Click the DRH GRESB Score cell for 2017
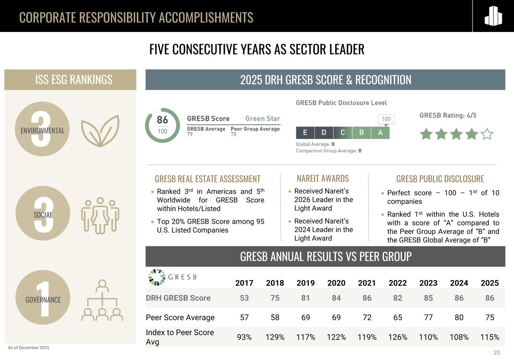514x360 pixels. pos(244,298)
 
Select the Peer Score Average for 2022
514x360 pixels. pos(397,317)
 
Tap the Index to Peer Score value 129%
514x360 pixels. pos(275,337)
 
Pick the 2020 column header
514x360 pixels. pos(336,283)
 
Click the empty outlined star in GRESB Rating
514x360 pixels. pos(487,134)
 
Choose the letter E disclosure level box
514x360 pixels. pos(305,133)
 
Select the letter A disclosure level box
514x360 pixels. pos(380,133)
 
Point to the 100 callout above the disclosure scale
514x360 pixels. pos(386,119)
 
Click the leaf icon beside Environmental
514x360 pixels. pos(100,131)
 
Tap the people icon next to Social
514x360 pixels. pos(100,216)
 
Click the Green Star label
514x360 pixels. pos(263,118)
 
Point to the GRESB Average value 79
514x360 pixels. pos(190,134)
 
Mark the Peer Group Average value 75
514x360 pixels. pos(233,134)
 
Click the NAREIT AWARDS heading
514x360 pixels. pos(323,178)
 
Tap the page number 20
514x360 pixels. pos(497,352)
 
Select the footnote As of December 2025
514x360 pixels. pos(29,348)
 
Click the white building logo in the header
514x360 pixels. pos(493,16)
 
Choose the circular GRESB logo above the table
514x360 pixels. pos(157,277)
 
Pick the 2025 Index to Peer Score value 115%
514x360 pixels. pos(490,337)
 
